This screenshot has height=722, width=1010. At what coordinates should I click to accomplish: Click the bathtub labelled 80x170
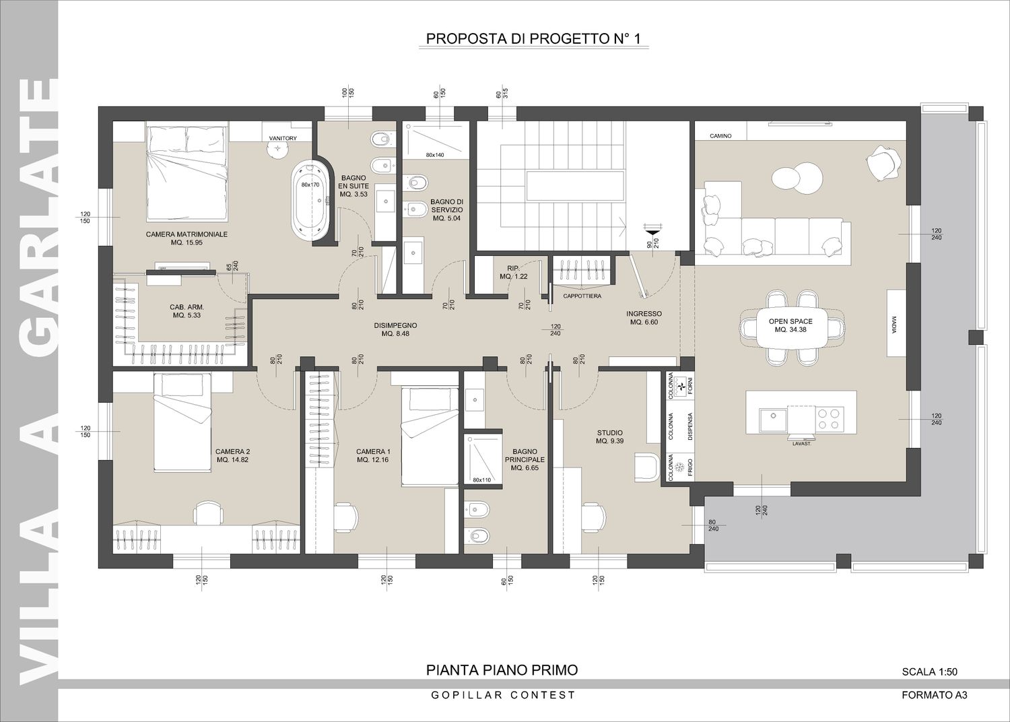coord(310,201)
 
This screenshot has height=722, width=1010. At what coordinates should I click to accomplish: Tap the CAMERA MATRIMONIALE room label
coord(187,238)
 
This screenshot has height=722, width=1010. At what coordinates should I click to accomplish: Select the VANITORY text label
coord(283,139)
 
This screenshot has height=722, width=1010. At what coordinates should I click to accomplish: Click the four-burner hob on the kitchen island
coord(830,418)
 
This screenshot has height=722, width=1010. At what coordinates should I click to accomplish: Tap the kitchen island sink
coord(773,418)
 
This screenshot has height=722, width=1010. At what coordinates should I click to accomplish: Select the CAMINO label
coord(720,136)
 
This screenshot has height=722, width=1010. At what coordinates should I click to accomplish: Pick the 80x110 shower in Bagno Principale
coord(483,459)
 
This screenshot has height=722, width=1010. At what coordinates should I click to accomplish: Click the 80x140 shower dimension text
coord(435,155)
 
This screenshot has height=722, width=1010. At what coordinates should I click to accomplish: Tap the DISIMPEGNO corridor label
coord(395,329)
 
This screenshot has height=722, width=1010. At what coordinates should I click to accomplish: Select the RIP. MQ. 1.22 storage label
coord(513,272)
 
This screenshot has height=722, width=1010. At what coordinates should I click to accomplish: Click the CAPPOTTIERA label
coord(582,296)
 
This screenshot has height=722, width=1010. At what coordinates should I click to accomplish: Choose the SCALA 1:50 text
coord(929,684)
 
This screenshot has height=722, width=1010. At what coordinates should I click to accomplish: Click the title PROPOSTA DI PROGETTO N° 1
coord(533,39)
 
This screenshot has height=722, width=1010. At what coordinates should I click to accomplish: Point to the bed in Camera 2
coord(182,422)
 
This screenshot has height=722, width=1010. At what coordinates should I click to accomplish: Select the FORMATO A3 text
coord(935,708)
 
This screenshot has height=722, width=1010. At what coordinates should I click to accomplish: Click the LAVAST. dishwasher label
coord(802,444)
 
